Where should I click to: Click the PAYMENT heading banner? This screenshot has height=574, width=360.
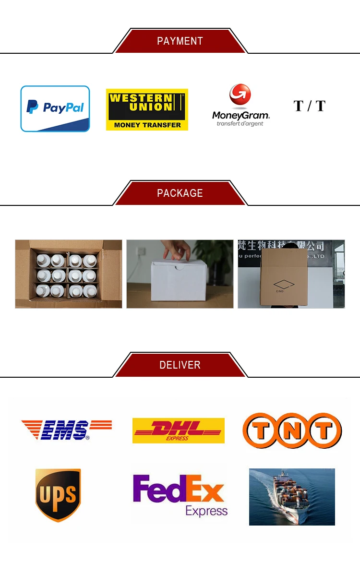point(180,41)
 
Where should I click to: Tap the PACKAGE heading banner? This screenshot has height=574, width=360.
point(180,193)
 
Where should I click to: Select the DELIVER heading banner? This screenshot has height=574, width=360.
point(180,365)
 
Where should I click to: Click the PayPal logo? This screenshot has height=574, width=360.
point(55,108)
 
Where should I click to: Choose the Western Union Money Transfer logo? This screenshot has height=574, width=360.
point(147,109)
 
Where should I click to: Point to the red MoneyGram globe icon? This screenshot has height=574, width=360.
point(240,95)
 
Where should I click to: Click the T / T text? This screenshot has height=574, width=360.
point(309,106)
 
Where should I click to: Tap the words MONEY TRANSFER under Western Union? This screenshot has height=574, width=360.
point(147,125)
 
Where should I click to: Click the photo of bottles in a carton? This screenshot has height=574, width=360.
point(69,274)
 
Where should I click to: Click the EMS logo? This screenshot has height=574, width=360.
point(66,430)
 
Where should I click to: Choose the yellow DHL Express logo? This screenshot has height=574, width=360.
point(178,430)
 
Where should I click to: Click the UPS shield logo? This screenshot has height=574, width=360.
point(58,495)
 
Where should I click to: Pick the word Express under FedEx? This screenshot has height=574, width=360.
point(206,511)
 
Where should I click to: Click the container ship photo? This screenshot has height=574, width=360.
point(292,497)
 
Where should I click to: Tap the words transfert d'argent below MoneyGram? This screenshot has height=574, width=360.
point(240,124)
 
